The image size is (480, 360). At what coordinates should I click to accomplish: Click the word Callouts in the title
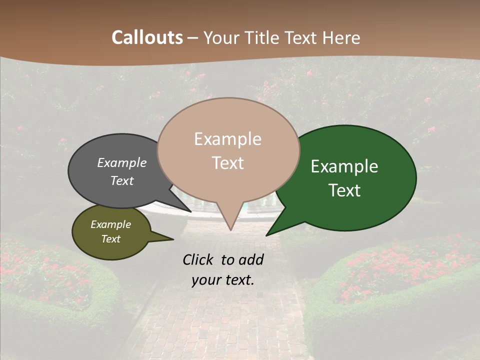(147, 37)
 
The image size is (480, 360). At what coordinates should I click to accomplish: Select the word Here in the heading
(341, 37)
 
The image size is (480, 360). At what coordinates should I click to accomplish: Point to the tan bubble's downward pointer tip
(230, 230)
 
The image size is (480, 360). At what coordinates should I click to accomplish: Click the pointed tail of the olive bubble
(172, 239)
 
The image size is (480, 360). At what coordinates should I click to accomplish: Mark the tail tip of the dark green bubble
(266, 235)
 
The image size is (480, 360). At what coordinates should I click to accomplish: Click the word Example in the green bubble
(344, 166)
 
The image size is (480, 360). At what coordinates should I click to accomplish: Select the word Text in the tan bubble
(228, 163)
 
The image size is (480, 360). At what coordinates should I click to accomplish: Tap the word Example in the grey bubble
(122, 163)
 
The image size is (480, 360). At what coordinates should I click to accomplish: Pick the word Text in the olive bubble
(111, 239)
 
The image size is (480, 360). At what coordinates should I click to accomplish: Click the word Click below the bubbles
(199, 259)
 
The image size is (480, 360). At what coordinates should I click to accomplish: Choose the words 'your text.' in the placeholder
(223, 280)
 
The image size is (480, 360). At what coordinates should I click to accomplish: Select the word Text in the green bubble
(344, 190)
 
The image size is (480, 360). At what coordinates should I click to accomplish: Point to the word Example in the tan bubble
(228, 139)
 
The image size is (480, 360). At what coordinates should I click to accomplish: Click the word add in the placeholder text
(251, 259)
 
